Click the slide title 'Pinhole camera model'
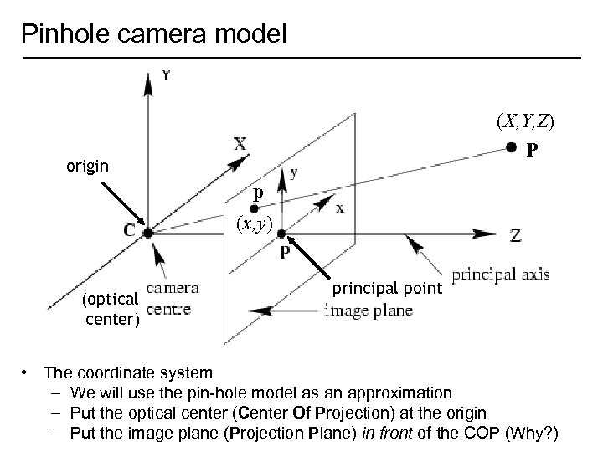click(x=154, y=34)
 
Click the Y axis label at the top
click(x=167, y=76)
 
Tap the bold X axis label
click(x=240, y=143)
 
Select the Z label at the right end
click(x=517, y=236)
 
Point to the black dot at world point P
click(x=511, y=149)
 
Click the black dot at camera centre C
click(x=147, y=233)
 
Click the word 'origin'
click(x=87, y=166)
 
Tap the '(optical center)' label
click(x=111, y=307)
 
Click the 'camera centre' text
click(x=172, y=298)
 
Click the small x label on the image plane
click(x=339, y=208)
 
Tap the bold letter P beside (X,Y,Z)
click(x=532, y=152)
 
